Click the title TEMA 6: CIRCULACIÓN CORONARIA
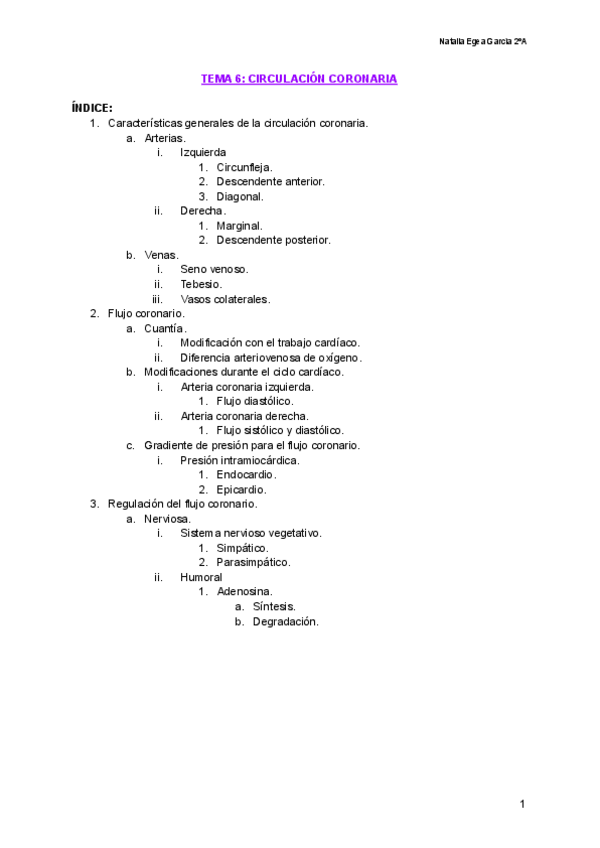299,78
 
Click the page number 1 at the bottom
522,804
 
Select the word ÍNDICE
92,107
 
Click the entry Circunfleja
244,167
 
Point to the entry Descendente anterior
270,182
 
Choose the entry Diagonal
240,197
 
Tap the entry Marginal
239,226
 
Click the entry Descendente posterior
273,240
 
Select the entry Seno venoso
214,269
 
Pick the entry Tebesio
201,284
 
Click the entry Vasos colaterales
225,299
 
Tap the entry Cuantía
165,328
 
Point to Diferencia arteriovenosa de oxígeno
271,357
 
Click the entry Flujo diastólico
255,401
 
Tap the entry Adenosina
244,592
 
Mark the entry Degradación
286,621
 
